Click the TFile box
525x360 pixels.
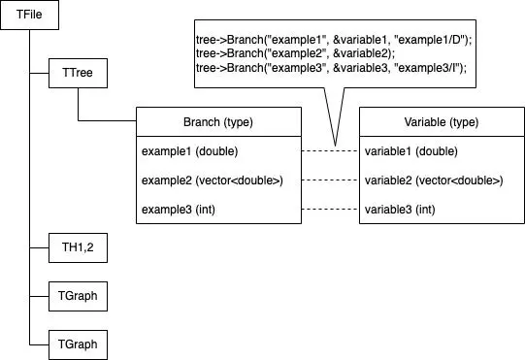29,17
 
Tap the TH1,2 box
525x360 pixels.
78,248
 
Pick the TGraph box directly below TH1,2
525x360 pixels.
78,295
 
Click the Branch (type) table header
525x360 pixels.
218,122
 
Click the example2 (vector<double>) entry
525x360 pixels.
212,180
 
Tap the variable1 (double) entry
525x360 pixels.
411,151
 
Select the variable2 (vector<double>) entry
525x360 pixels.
434,180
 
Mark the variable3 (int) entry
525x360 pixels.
403,210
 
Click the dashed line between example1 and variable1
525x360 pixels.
330,151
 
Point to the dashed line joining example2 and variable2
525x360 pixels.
330,180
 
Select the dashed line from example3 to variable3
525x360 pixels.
330,210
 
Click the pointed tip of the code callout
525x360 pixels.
335,144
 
